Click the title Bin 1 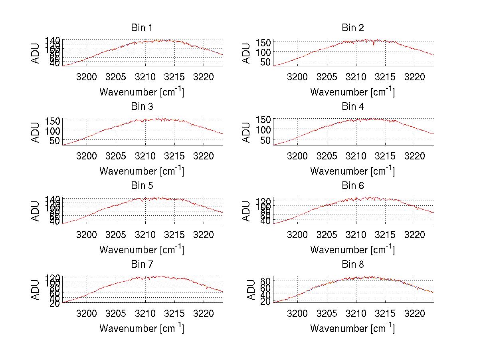point(141,28)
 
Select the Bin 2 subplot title point(352,28)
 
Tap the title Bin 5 point(141,186)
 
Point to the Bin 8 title point(352,265)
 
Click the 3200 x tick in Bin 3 point(87,155)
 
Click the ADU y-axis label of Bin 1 point(36,52)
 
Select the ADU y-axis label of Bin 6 point(247,210)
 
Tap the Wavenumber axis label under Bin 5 point(141,250)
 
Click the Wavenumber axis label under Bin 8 point(352,328)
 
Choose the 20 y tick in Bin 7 point(55,303)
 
